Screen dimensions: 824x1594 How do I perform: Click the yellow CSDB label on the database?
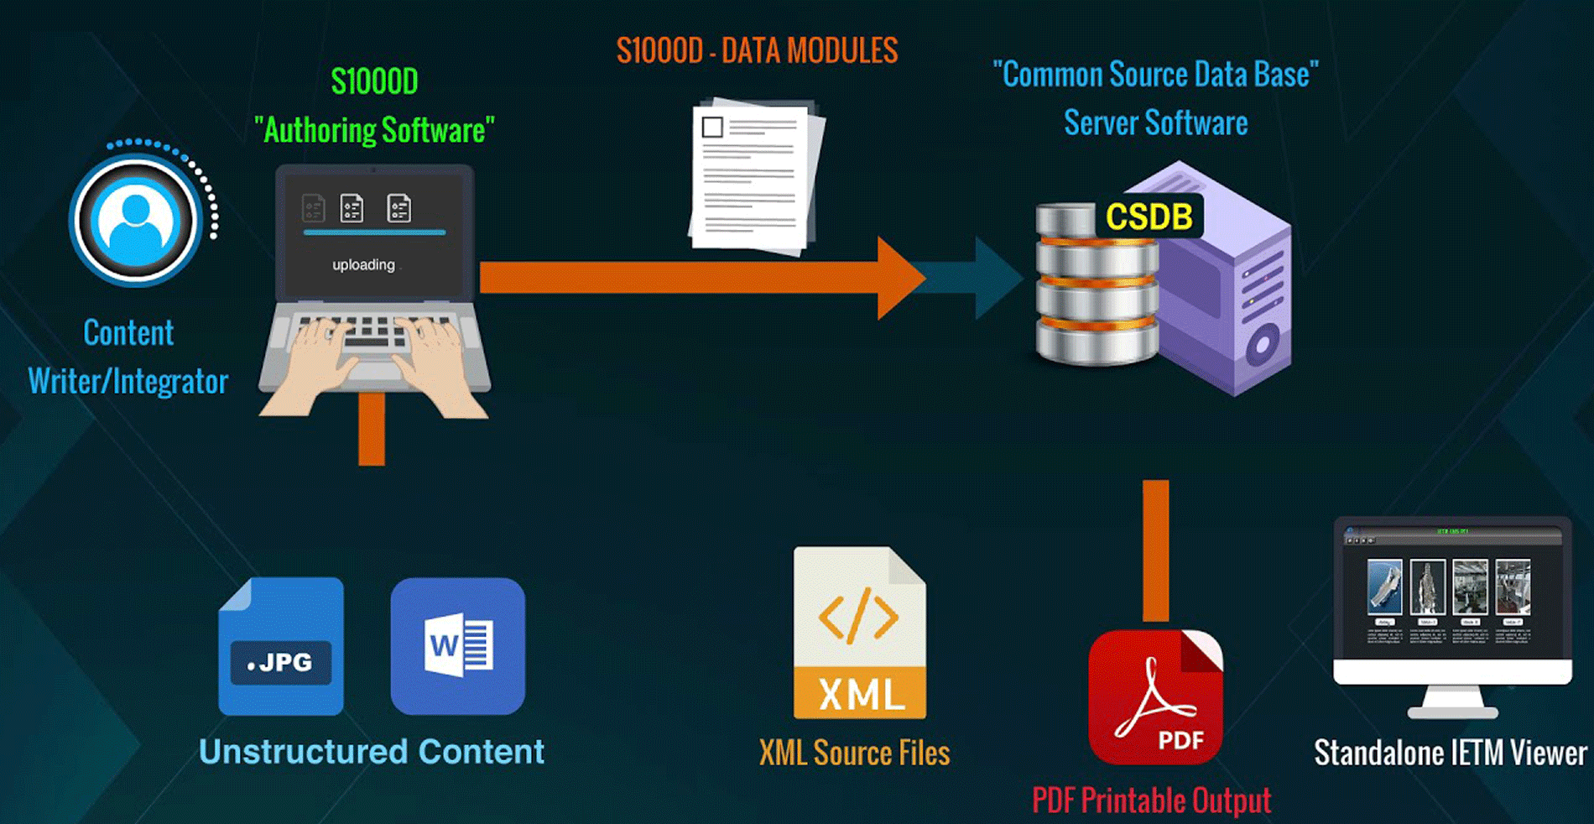(1149, 216)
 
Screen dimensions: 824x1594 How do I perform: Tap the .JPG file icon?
(281, 647)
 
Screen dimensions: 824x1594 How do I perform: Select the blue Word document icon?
(458, 646)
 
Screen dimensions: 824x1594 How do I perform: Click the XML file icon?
(860, 634)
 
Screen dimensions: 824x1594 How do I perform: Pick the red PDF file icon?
(1155, 696)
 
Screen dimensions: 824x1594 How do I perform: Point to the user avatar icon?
(136, 221)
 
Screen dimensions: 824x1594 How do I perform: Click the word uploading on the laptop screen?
(363, 265)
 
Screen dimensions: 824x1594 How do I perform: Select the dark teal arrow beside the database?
(990, 278)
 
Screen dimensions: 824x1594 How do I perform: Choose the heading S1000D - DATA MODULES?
(757, 51)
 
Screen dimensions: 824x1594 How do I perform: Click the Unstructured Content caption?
(372, 752)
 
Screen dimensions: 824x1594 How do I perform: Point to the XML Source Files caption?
(854, 754)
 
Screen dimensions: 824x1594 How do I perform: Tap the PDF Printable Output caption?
(1151, 801)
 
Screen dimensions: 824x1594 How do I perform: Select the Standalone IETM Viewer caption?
(1450, 754)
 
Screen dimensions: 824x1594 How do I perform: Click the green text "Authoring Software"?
(374, 131)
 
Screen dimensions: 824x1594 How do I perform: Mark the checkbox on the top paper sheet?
(712, 128)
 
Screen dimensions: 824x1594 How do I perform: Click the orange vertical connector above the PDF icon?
(1155, 550)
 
